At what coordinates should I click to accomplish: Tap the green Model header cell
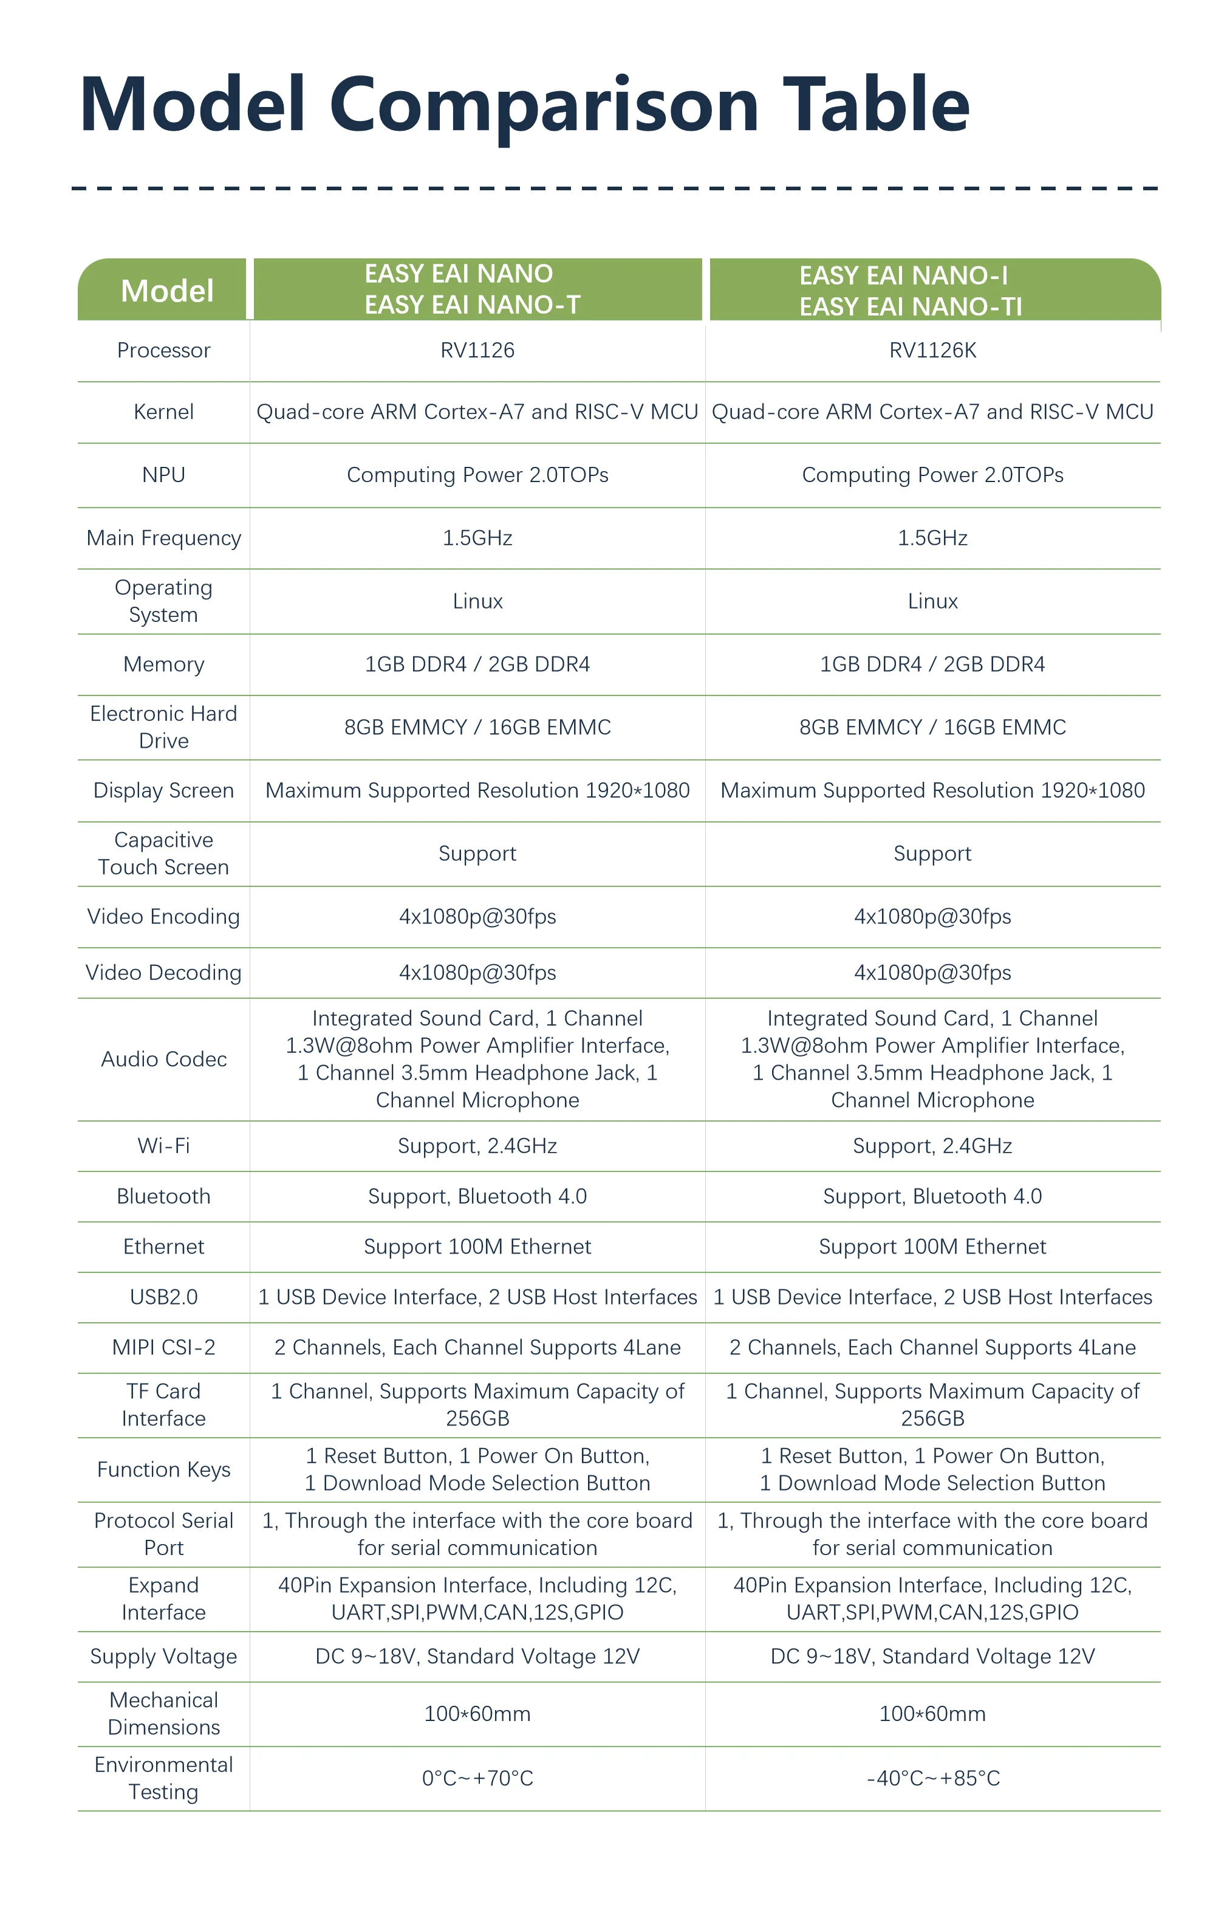click(x=166, y=291)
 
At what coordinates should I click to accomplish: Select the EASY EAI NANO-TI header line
click(x=910, y=306)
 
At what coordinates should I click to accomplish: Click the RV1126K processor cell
click(x=932, y=350)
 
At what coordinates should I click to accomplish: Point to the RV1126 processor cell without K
click(x=477, y=350)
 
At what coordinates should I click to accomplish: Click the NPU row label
click(x=163, y=475)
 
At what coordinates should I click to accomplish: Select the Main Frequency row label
click(x=163, y=537)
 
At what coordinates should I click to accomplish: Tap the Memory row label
click(x=163, y=664)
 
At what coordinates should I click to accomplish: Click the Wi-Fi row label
click(x=163, y=1145)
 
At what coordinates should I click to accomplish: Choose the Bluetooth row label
click(x=163, y=1196)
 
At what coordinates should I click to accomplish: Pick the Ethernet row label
click(x=163, y=1246)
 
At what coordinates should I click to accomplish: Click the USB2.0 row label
click(x=163, y=1296)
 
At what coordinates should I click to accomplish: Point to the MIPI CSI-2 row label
click(x=163, y=1347)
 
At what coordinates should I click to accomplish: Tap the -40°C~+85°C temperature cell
click(x=932, y=1778)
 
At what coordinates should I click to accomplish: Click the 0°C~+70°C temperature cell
click(x=477, y=1778)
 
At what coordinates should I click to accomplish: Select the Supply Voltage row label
click(x=163, y=1656)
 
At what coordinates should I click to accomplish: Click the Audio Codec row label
click(x=163, y=1058)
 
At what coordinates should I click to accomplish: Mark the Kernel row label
click(x=163, y=412)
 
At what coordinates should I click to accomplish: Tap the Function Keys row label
click(x=163, y=1469)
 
